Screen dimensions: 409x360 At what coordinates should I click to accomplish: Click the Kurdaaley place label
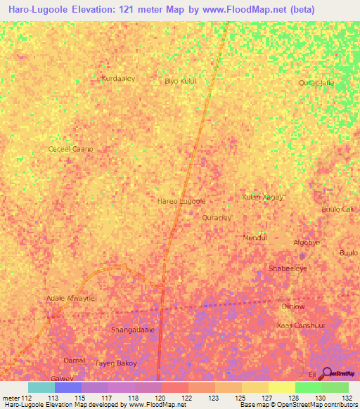118,79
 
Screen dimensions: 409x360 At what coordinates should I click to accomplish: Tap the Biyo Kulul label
180,82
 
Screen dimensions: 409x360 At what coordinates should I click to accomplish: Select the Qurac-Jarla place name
316,83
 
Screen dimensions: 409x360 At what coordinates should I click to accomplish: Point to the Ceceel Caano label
70,150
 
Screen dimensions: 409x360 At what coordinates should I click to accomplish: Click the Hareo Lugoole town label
181,201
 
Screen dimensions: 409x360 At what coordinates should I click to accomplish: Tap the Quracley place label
217,218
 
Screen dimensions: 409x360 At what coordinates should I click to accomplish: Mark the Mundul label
255,238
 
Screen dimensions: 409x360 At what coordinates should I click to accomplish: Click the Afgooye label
307,242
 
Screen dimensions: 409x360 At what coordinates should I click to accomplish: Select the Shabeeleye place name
288,268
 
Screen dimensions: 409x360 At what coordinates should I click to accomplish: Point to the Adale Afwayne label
70,298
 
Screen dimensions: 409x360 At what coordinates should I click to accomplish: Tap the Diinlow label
293,306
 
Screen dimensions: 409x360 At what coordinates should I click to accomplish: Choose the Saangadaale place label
134,329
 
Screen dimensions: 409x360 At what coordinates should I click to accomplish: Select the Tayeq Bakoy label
115,363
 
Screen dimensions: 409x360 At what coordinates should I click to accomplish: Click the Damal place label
75,360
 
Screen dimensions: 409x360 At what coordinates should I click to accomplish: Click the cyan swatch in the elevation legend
41,387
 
